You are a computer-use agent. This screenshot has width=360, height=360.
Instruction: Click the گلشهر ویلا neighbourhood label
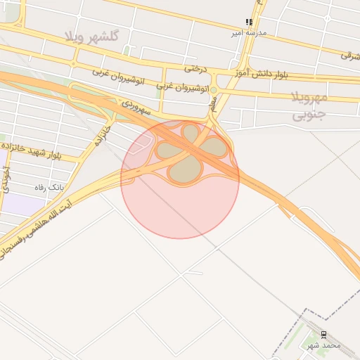coord(92,36)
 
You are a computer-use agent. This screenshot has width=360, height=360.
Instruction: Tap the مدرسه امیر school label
coord(250,33)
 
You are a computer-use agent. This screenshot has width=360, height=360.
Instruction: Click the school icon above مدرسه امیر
coord(248,22)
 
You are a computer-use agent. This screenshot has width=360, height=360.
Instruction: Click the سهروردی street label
coord(135,107)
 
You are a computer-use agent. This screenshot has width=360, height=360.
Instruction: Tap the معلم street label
coord(213,105)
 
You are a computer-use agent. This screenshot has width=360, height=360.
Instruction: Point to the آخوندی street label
coord(6,179)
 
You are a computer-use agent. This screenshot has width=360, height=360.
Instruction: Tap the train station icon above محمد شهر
coord(323,335)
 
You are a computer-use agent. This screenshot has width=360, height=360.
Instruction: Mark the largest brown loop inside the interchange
coord(185,169)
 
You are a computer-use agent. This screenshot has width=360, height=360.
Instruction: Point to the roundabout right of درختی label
coord(212,89)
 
